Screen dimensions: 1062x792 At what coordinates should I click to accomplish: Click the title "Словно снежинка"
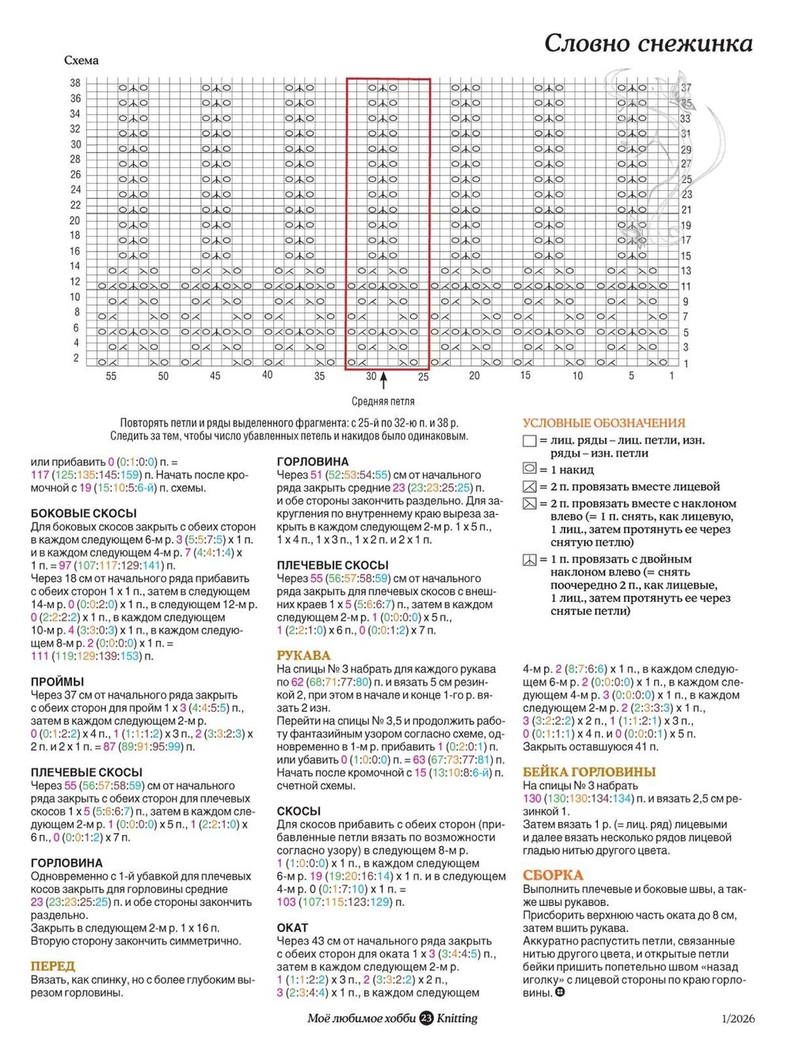point(648,43)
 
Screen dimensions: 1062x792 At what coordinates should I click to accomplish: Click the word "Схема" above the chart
point(82,61)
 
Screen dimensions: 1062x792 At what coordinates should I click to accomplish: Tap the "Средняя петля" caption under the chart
point(383,402)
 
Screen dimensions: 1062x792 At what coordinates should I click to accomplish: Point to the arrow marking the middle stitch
point(383,382)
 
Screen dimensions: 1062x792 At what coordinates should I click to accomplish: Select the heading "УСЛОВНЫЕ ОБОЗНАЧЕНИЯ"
point(604,423)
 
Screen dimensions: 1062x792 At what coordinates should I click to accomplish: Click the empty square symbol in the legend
point(529,441)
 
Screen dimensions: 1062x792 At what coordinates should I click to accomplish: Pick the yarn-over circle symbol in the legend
point(529,469)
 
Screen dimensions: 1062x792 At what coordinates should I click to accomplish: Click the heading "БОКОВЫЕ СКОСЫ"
point(83,513)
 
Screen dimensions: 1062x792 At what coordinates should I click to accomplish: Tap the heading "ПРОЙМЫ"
point(57,682)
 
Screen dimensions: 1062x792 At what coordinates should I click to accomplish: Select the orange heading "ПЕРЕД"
point(52,966)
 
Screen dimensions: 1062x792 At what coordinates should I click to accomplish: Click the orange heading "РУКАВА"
point(303,656)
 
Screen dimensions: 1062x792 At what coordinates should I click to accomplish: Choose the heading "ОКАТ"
point(292,927)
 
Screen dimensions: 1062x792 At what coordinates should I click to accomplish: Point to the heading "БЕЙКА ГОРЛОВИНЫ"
point(589,772)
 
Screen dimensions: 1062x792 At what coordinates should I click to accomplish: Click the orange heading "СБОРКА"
point(552,876)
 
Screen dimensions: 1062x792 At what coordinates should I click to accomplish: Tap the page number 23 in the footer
point(426,1018)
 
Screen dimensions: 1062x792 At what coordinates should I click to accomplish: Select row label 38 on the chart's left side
point(75,83)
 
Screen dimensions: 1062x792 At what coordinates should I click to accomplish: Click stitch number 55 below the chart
point(111,376)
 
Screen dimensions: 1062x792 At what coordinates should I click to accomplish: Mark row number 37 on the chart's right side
point(686,88)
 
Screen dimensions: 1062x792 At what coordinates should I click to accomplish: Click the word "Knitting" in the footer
point(457,1018)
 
